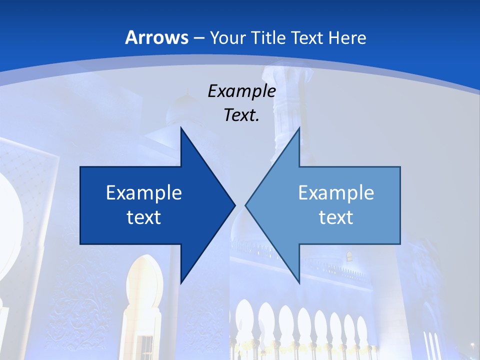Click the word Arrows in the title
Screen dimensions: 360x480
tap(156, 37)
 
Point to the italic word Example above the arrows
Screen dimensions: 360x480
tap(241, 91)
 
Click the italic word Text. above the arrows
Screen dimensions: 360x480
tap(241, 115)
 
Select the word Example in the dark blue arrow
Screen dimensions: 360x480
tap(144, 192)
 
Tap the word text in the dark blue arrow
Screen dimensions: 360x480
tap(144, 217)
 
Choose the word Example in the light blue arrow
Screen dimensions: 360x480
tap(336, 192)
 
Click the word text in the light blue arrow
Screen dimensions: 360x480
tap(336, 217)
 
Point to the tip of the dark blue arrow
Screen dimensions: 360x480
tap(234, 205)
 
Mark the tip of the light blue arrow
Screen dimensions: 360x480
tap(246, 205)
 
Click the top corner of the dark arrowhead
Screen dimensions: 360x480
tap(181, 128)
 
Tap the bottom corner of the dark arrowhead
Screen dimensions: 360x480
tap(181, 282)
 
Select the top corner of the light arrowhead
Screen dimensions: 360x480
tap(299, 128)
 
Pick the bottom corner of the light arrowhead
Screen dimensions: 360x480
tap(299, 282)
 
